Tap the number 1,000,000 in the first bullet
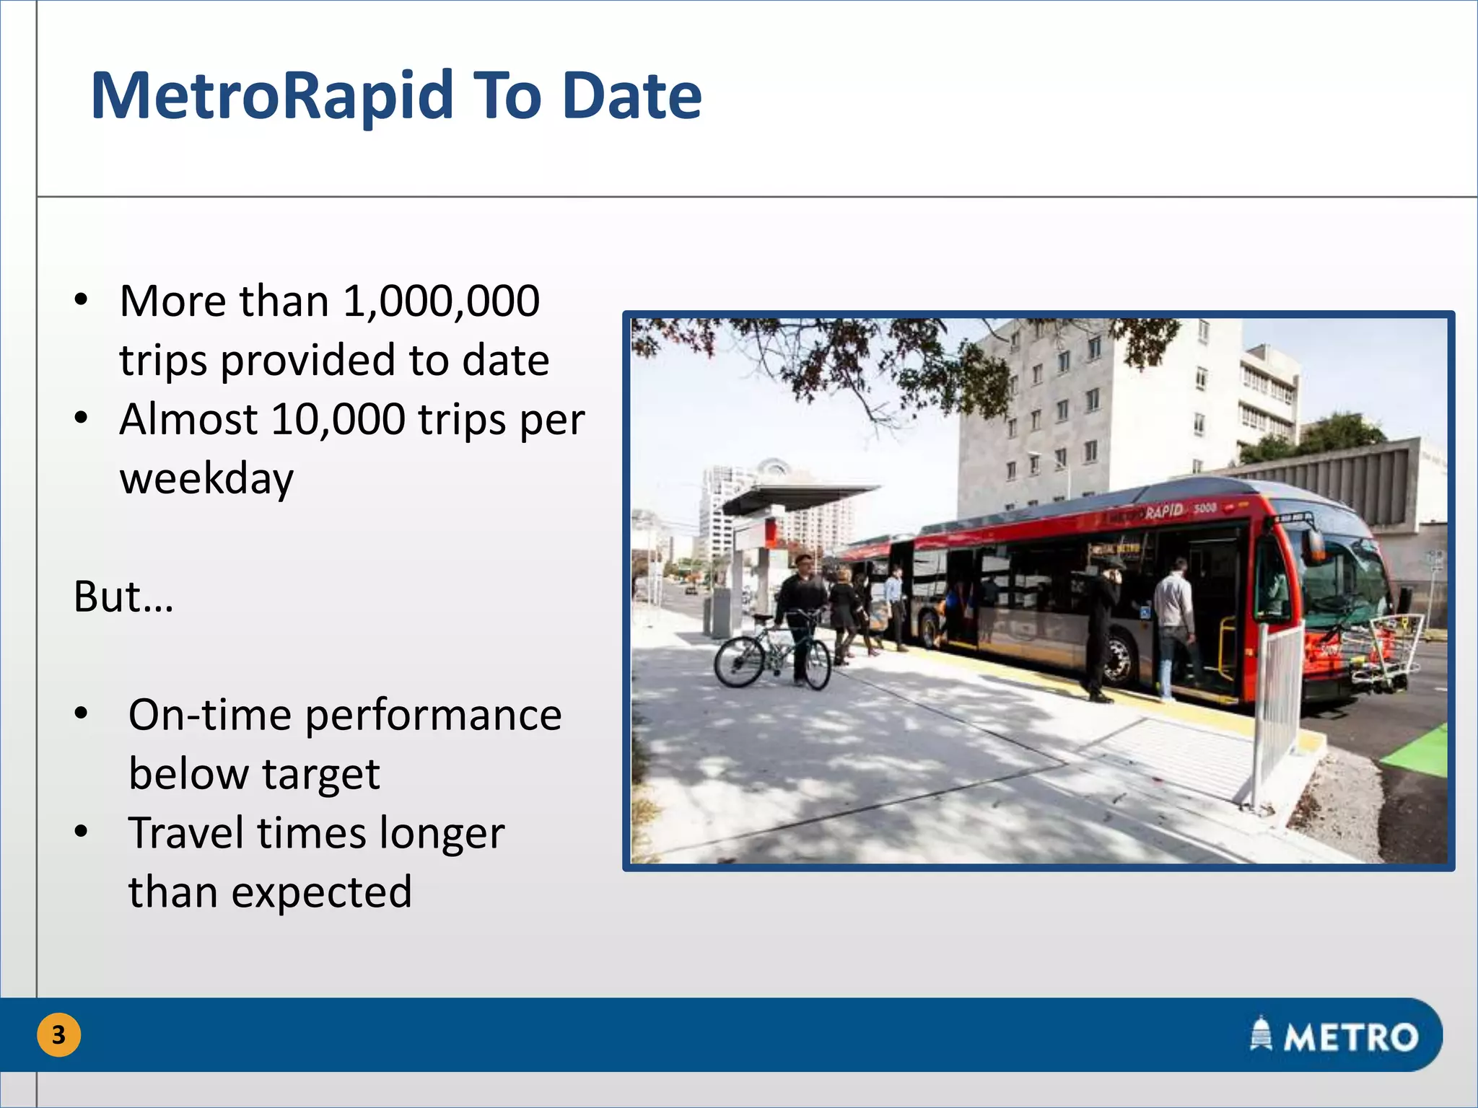(441, 301)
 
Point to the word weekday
(206, 479)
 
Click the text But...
(108, 597)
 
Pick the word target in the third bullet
(320, 775)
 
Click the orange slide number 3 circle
(58, 1035)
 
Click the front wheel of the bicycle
(818, 664)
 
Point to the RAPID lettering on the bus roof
(1163, 511)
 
